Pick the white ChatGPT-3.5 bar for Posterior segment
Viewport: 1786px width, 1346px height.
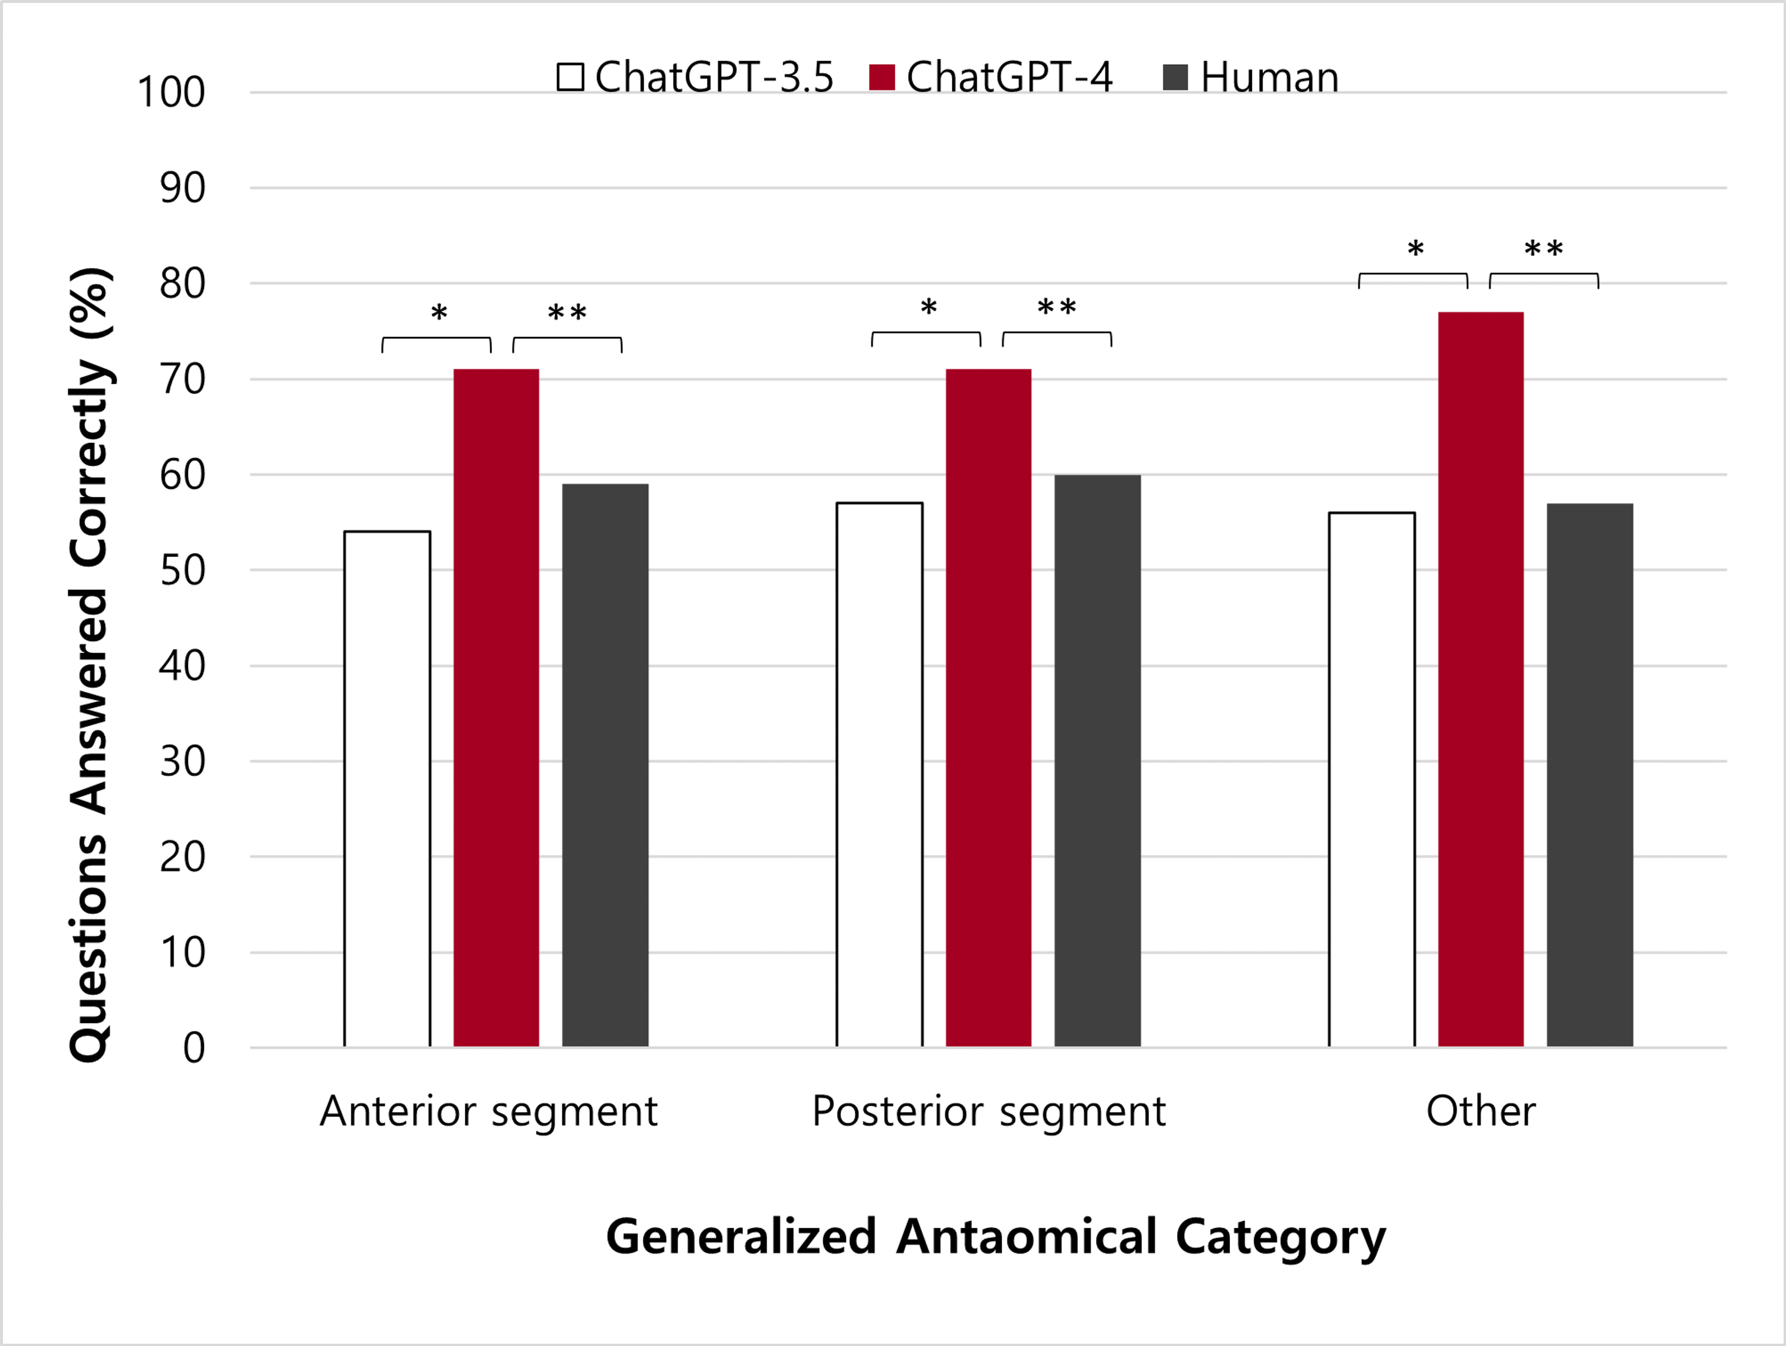pyautogui.click(x=879, y=775)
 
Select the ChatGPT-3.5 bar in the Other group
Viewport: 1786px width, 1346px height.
pyautogui.click(x=1372, y=779)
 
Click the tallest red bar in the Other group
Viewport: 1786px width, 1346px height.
pyautogui.click(x=1481, y=679)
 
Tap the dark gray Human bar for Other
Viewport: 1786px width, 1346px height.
pyautogui.click(x=1590, y=775)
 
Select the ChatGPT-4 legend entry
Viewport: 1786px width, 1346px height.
pyautogui.click(x=991, y=77)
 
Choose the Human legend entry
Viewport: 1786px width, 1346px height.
pyautogui.click(x=1251, y=77)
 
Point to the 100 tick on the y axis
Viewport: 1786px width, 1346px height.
pyautogui.click(x=171, y=92)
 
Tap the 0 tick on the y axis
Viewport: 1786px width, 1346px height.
pyautogui.click(x=193, y=1048)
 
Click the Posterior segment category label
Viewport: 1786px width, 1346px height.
pyautogui.click(x=988, y=1110)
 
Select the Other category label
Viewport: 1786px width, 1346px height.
pyautogui.click(x=1481, y=1110)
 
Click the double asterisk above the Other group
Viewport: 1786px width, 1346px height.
pyautogui.click(x=1543, y=249)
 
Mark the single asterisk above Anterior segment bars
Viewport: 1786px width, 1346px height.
pyautogui.click(x=438, y=313)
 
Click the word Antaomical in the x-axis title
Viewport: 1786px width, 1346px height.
pyautogui.click(x=1027, y=1236)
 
